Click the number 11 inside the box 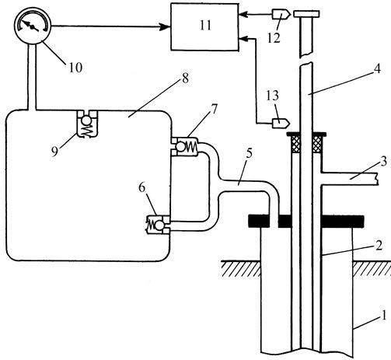[205, 26]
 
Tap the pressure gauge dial [33, 26]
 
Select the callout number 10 [75, 68]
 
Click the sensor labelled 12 [281, 14]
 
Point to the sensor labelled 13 [281, 121]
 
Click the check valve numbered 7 [184, 146]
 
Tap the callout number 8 [185, 79]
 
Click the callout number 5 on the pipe [249, 155]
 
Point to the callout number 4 [377, 69]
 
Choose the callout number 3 [384, 161]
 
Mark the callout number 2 [379, 245]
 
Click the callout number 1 [383, 316]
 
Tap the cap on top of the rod [306, 14]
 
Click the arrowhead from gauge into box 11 [165, 26]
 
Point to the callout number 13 [272, 96]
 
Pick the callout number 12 [274, 38]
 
